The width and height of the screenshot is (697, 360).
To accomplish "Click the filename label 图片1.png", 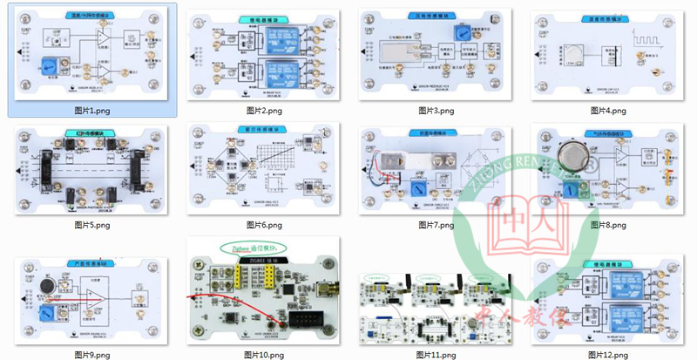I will click(x=92, y=111).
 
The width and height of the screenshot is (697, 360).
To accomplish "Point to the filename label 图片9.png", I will click(x=92, y=355).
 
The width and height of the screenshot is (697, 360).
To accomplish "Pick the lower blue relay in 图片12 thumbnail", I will click(x=625, y=318).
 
